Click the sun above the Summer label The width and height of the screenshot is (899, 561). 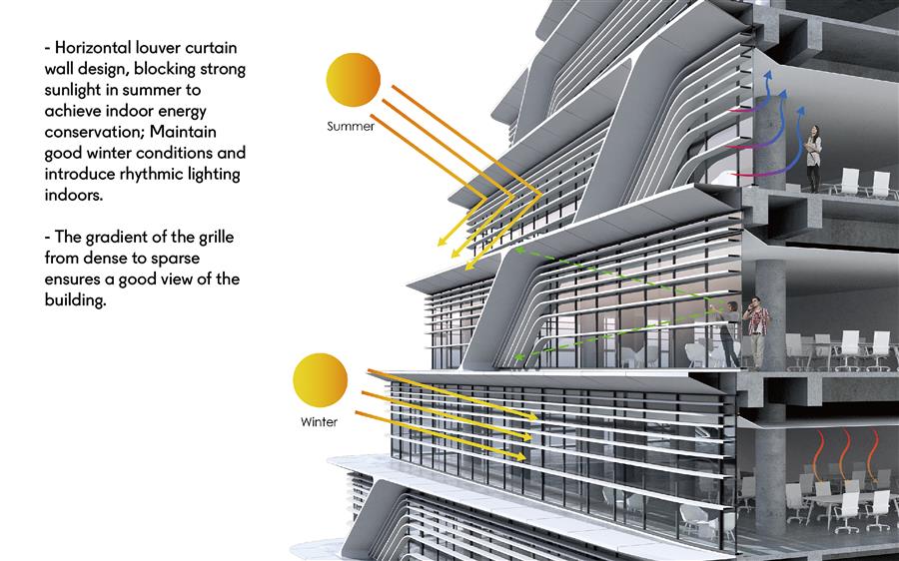pos(354,80)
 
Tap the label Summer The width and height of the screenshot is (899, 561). pos(351,126)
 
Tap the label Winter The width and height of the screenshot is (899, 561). pos(319,422)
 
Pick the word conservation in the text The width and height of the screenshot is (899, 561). pos(94,132)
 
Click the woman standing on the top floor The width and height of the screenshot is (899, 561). pos(813,158)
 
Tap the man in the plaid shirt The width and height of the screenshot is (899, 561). pos(757,332)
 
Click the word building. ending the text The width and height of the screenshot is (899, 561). pos(75,300)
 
